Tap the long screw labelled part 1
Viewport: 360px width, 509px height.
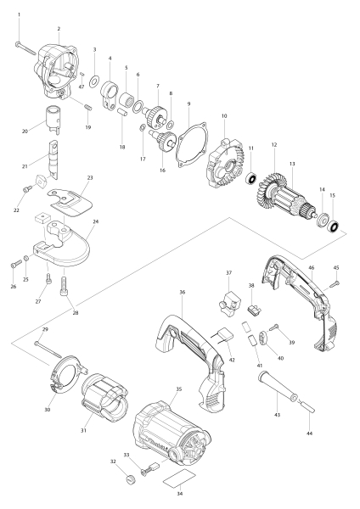(x=28, y=48)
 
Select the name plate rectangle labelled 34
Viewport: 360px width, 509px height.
(x=178, y=478)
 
